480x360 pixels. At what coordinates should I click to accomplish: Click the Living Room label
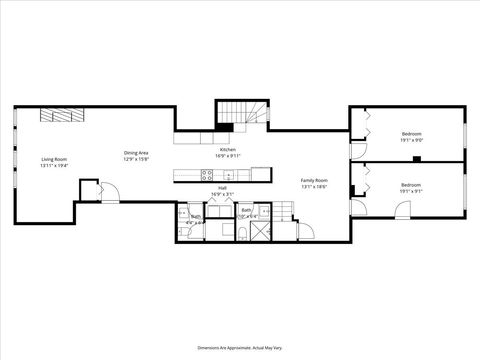53,159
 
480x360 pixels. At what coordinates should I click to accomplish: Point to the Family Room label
315,181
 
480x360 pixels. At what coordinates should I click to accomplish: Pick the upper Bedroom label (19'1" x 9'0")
411,134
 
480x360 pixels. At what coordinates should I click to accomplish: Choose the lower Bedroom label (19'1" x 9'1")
411,185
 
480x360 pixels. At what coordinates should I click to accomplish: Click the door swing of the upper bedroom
356,152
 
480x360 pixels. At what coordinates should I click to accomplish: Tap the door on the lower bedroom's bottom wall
401,211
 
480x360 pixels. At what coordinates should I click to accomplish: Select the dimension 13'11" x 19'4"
53,165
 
